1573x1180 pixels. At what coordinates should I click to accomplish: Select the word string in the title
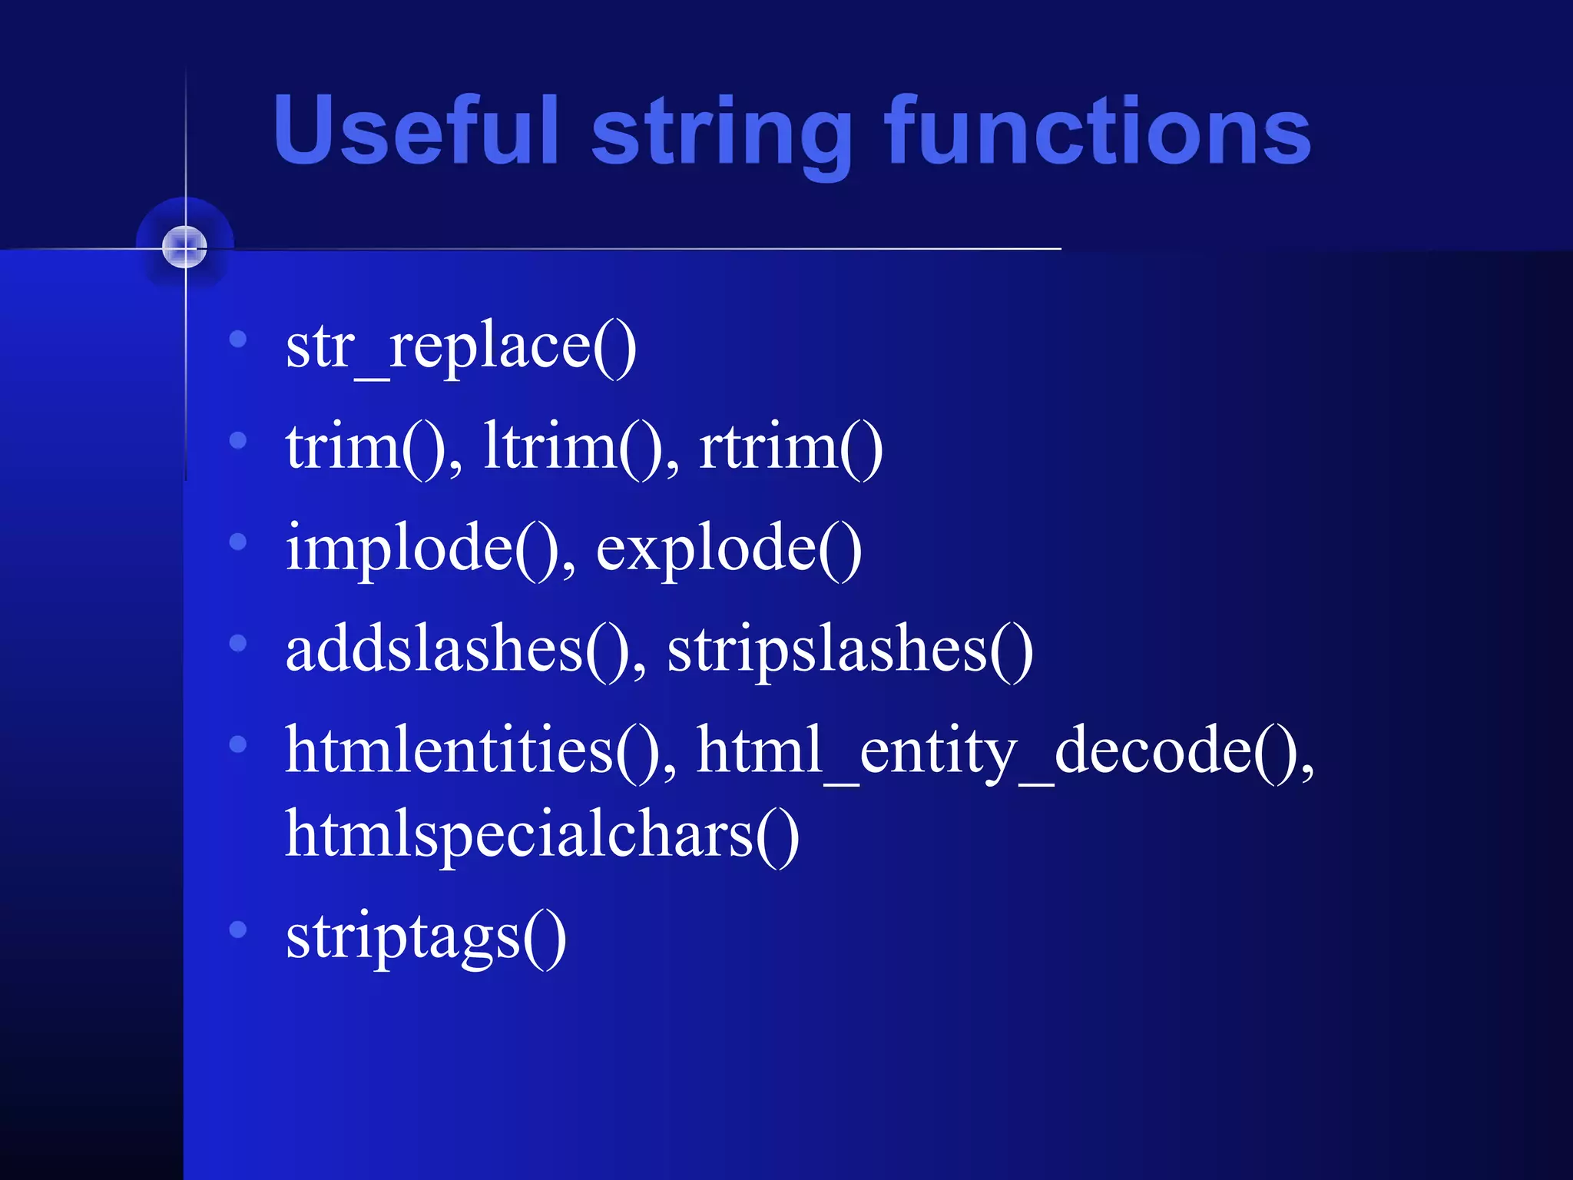tap(720, 132)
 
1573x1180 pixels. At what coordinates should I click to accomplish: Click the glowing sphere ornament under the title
tap(185, 247)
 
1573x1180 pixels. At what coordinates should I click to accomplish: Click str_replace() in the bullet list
tap(460, 347)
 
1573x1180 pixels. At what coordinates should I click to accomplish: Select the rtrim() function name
tap(790, 447)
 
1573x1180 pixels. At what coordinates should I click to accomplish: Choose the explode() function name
tap(728, 549)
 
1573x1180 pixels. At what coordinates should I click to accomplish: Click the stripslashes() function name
tap(849, 650)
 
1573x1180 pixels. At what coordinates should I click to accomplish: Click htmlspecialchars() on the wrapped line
tap(541, 836)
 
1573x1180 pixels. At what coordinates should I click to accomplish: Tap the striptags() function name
tap(426, 936)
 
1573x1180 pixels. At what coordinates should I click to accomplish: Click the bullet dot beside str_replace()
tap(238, 339)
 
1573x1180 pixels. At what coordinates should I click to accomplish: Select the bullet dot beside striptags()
tap(238, 930)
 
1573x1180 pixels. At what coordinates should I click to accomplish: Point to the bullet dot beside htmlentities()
tap(238, 744)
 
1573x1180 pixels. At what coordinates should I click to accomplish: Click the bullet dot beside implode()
tap(238, 542)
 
